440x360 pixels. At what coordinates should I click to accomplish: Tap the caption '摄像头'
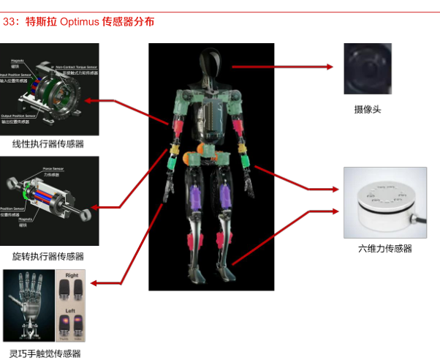click(368, 110)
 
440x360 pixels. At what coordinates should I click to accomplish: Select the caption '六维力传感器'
click(385, 248)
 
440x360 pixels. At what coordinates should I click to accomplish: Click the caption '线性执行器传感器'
click(48, 143)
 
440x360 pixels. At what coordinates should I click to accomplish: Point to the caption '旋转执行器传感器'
click(48, 256)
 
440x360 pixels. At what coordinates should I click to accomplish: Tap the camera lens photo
click(367, 68)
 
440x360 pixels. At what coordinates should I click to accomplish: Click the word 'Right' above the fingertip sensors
click(72, 277)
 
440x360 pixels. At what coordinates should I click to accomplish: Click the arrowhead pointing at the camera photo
click(330, 67)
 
